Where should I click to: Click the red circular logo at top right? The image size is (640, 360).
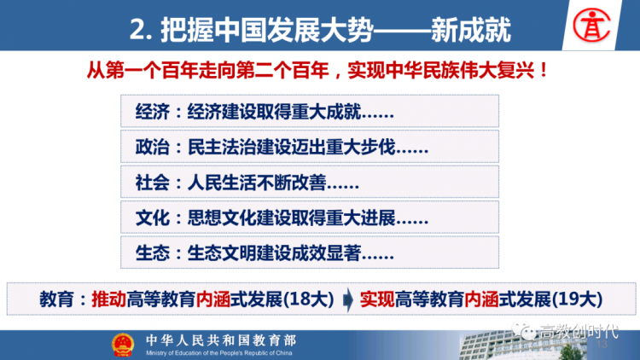tap(591, 25)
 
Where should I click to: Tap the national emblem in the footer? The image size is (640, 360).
tap(122, 345)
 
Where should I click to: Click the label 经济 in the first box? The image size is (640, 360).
tap(152, 112)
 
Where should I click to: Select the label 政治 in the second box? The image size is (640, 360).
tap(152, 147)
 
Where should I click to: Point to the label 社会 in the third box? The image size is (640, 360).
tap(152, 183)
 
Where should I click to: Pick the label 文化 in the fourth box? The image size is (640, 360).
tap(152, 218)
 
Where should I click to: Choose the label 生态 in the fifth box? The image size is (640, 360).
tap(152, 253)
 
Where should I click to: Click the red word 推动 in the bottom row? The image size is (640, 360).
tap(108, 299)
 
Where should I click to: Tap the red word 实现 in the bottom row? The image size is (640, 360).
tap(377, 299)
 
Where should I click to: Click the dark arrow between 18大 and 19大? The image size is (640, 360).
tap(348, 299)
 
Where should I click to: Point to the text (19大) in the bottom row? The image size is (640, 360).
tap(577, 299)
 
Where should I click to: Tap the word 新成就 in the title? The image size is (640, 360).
tap(470, 30)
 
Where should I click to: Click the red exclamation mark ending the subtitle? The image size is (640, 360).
tap(544, 70)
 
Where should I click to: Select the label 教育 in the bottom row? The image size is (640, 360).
tap(56, 299)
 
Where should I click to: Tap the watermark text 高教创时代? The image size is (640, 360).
tap(579, 332)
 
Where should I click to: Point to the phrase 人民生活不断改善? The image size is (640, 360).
tap(257, 183)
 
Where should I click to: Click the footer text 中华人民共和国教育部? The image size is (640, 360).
tap(221, 340)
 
